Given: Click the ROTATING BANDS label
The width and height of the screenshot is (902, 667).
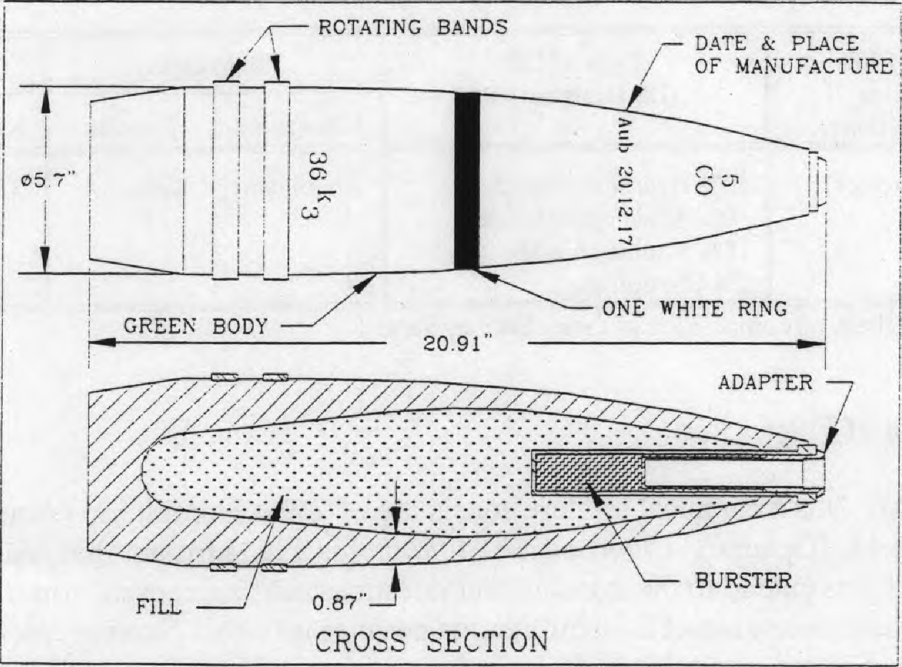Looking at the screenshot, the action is point(413,27).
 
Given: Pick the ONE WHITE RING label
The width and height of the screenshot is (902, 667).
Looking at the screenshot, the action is point(694,309).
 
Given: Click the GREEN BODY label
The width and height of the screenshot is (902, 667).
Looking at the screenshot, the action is point(195,326).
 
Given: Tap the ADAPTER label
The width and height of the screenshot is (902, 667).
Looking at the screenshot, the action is point(765,383).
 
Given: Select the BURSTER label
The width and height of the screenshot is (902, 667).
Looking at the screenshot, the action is point(743,581).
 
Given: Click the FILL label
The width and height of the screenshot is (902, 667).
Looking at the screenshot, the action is point(158,607).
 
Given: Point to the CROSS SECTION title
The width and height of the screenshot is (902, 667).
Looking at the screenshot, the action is point(431,642).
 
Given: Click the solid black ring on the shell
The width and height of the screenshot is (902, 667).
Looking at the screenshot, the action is point(467,181).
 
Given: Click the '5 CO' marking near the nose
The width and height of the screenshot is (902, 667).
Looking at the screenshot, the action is point(715,185).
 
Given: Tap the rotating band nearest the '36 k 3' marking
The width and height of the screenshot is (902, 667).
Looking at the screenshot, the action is point(276,180).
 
